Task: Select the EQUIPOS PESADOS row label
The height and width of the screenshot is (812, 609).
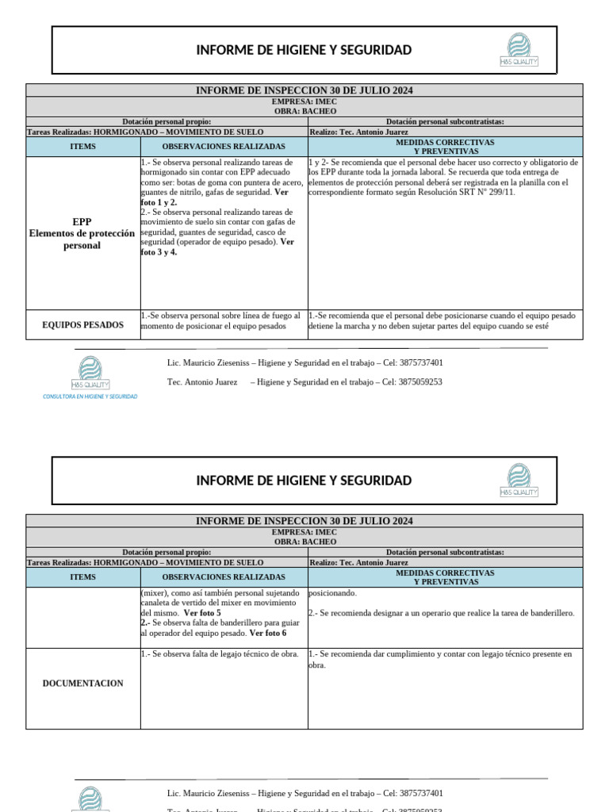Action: coord(82,325)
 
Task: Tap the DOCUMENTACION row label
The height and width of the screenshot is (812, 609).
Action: coord(82,683)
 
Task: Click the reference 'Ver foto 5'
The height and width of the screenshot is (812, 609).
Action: coord(202,613)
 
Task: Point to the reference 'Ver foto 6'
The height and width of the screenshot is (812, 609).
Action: coord(268,633)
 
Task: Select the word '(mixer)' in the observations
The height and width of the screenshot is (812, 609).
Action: coord(155,593)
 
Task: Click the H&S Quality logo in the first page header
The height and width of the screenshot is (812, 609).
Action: coord(519,49)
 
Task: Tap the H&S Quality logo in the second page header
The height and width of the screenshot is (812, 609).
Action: coord(519,481)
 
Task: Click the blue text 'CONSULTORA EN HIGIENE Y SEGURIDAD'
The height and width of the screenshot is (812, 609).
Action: coord(90,396)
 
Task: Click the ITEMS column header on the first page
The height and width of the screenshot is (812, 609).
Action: coord(82,147)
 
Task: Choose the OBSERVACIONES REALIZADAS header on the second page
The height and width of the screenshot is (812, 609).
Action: coord(224,577)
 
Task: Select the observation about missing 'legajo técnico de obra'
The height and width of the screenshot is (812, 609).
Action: coord(220,654)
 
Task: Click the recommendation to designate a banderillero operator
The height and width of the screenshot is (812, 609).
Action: coord(441,613)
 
